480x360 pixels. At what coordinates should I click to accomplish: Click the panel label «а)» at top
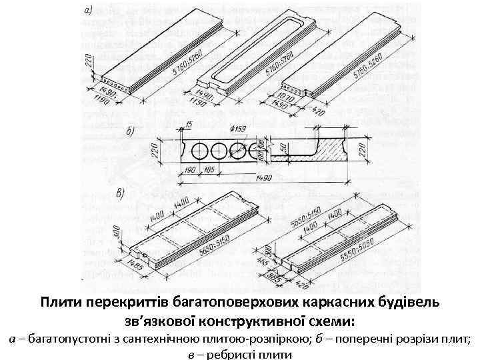pos(89,11)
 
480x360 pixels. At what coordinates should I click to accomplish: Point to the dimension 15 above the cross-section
pos(191,125)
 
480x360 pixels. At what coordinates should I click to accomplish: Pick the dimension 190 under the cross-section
pos(191,171)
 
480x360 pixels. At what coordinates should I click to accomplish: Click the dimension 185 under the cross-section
pos(209,171)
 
